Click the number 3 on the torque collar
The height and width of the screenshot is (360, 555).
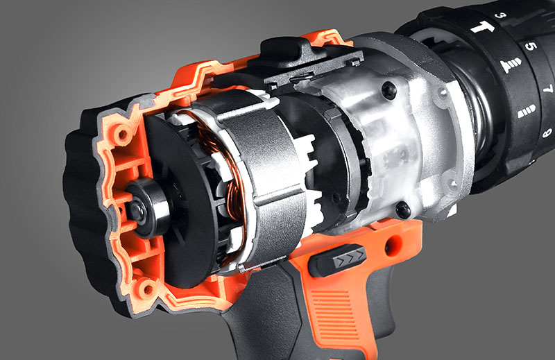click(x=501, y=15)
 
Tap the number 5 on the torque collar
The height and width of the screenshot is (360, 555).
click(x=531, y=46)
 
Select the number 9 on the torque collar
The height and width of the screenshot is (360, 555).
click(x=547, y=132)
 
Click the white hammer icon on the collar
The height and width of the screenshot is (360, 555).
click(x=482, y=27)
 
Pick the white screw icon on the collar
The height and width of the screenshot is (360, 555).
click(x=511, y=65)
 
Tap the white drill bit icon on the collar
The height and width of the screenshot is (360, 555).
click(x=527, y=111)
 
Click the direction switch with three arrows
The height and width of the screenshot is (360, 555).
click(x=337, y=260)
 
